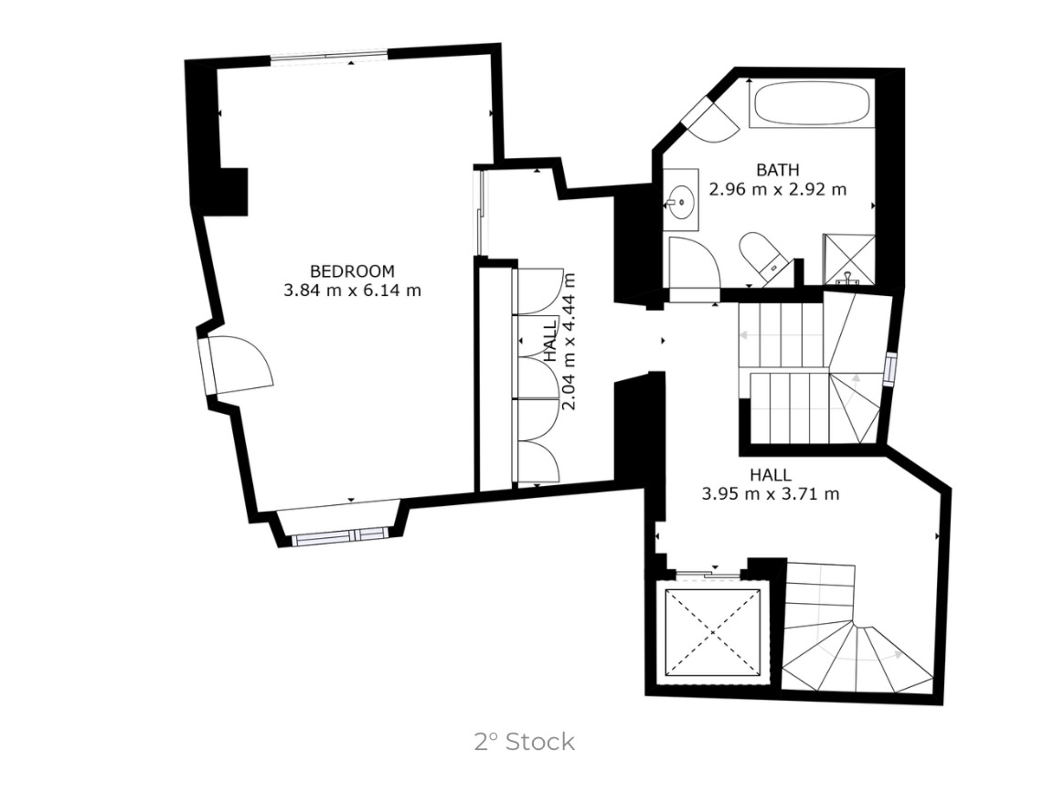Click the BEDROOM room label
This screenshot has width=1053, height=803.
click(352, 271)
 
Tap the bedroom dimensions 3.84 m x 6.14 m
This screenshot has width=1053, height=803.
click(352, 291)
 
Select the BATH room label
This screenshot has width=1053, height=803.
click(777, 170)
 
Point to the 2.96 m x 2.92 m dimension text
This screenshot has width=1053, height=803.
click(777, 190)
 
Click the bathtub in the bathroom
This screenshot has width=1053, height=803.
click(811, 104)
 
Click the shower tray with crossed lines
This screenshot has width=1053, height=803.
click(849, 259)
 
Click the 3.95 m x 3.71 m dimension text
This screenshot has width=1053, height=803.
click(770, 494)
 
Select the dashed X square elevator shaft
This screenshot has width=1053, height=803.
click(714, 630)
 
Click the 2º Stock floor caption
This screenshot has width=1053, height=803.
click(525, 741)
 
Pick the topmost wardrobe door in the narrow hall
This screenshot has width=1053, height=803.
click(539, 291)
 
